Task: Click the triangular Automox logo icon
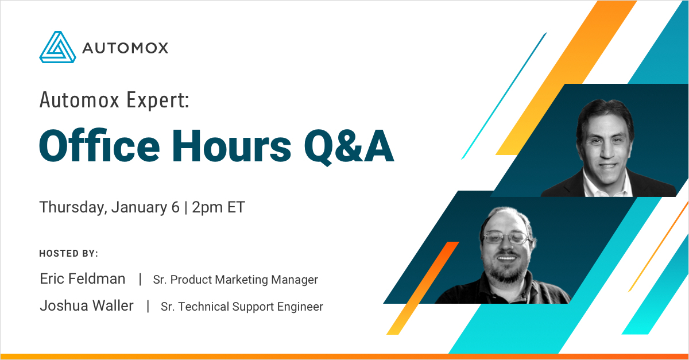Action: click(57, 47)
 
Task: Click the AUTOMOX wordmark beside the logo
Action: click(125, 48)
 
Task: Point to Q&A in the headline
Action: click(349, 147)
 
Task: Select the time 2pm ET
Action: click(218, 207)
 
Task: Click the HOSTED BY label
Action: click(68, 253)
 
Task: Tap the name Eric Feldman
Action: click(83, 279)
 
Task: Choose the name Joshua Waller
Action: click(87, 306)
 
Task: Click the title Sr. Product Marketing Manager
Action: click(235, 280)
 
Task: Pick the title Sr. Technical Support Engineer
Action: click(242, 307)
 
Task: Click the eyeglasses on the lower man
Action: click(507, 238)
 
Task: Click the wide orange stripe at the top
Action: click(566, 77)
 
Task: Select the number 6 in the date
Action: click(175, 207)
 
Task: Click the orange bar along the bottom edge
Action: click(344, 357)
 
